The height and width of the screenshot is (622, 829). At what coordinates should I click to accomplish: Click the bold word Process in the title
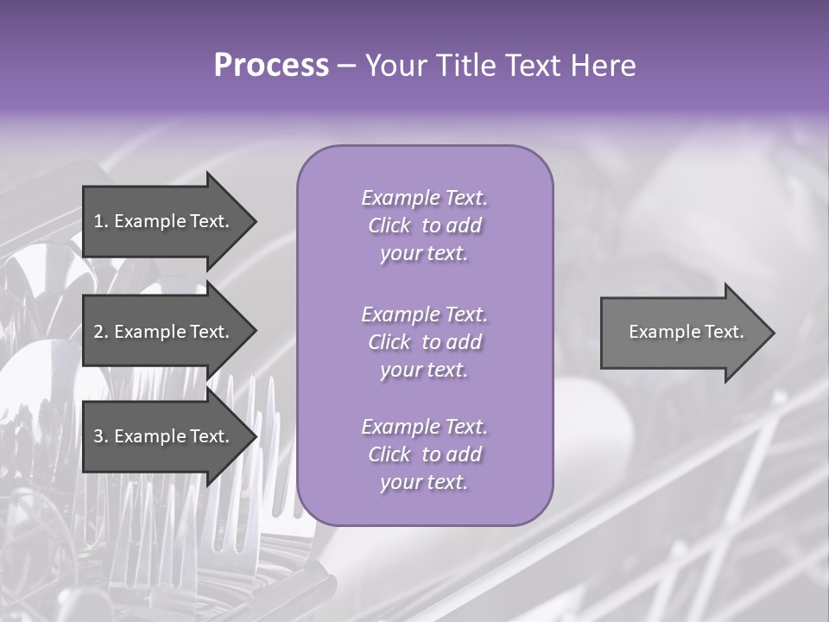[271, 66]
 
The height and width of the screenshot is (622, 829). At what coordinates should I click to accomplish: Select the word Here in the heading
[605, 66]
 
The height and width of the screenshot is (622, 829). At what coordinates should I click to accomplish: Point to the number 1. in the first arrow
[101, 221]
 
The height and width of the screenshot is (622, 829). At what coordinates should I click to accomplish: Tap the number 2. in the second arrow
[101, 332]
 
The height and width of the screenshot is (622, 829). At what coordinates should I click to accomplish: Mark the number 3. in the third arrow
[101, 436]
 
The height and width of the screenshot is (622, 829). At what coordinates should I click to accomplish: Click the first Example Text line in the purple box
[424, 198]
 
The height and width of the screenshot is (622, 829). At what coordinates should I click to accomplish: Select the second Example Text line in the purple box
[424, 314]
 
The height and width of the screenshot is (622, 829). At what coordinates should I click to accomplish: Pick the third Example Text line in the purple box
[424, 427]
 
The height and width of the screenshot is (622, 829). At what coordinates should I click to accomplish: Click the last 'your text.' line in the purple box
[424, 483]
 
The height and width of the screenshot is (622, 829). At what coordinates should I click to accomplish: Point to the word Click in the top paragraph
[389, 225]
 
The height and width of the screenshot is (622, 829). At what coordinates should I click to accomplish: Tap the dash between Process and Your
[347, 66]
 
